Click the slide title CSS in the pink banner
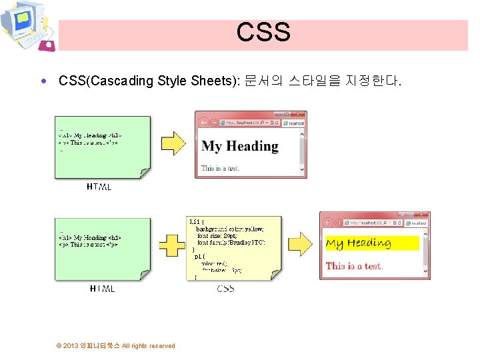pyautogui.click(x=263, y=32)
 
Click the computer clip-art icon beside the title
pyautogui.click(x=27, y=27)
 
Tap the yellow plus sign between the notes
pyautogui.click(x=173, y=245)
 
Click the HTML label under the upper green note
pyautogui.click(x=99, y=187)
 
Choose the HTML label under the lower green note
pyautogui.click(x=102, y=289)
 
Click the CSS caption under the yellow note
pyautogui.click(x=225, y=289)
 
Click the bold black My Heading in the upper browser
pyautogui.click(x=240, y=146)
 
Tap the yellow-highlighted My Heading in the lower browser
pyautogui.click(x=358, y=243)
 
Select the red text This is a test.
pyautogui.click(x=354, y=266)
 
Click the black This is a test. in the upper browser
pyautogui.click(x=221, y=168)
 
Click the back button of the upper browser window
pyautogui.click(x=204, y=122)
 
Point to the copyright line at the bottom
pyautogui.click(x=116, y=345)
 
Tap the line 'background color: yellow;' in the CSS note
pyautogui.click(x=229, y=229)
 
